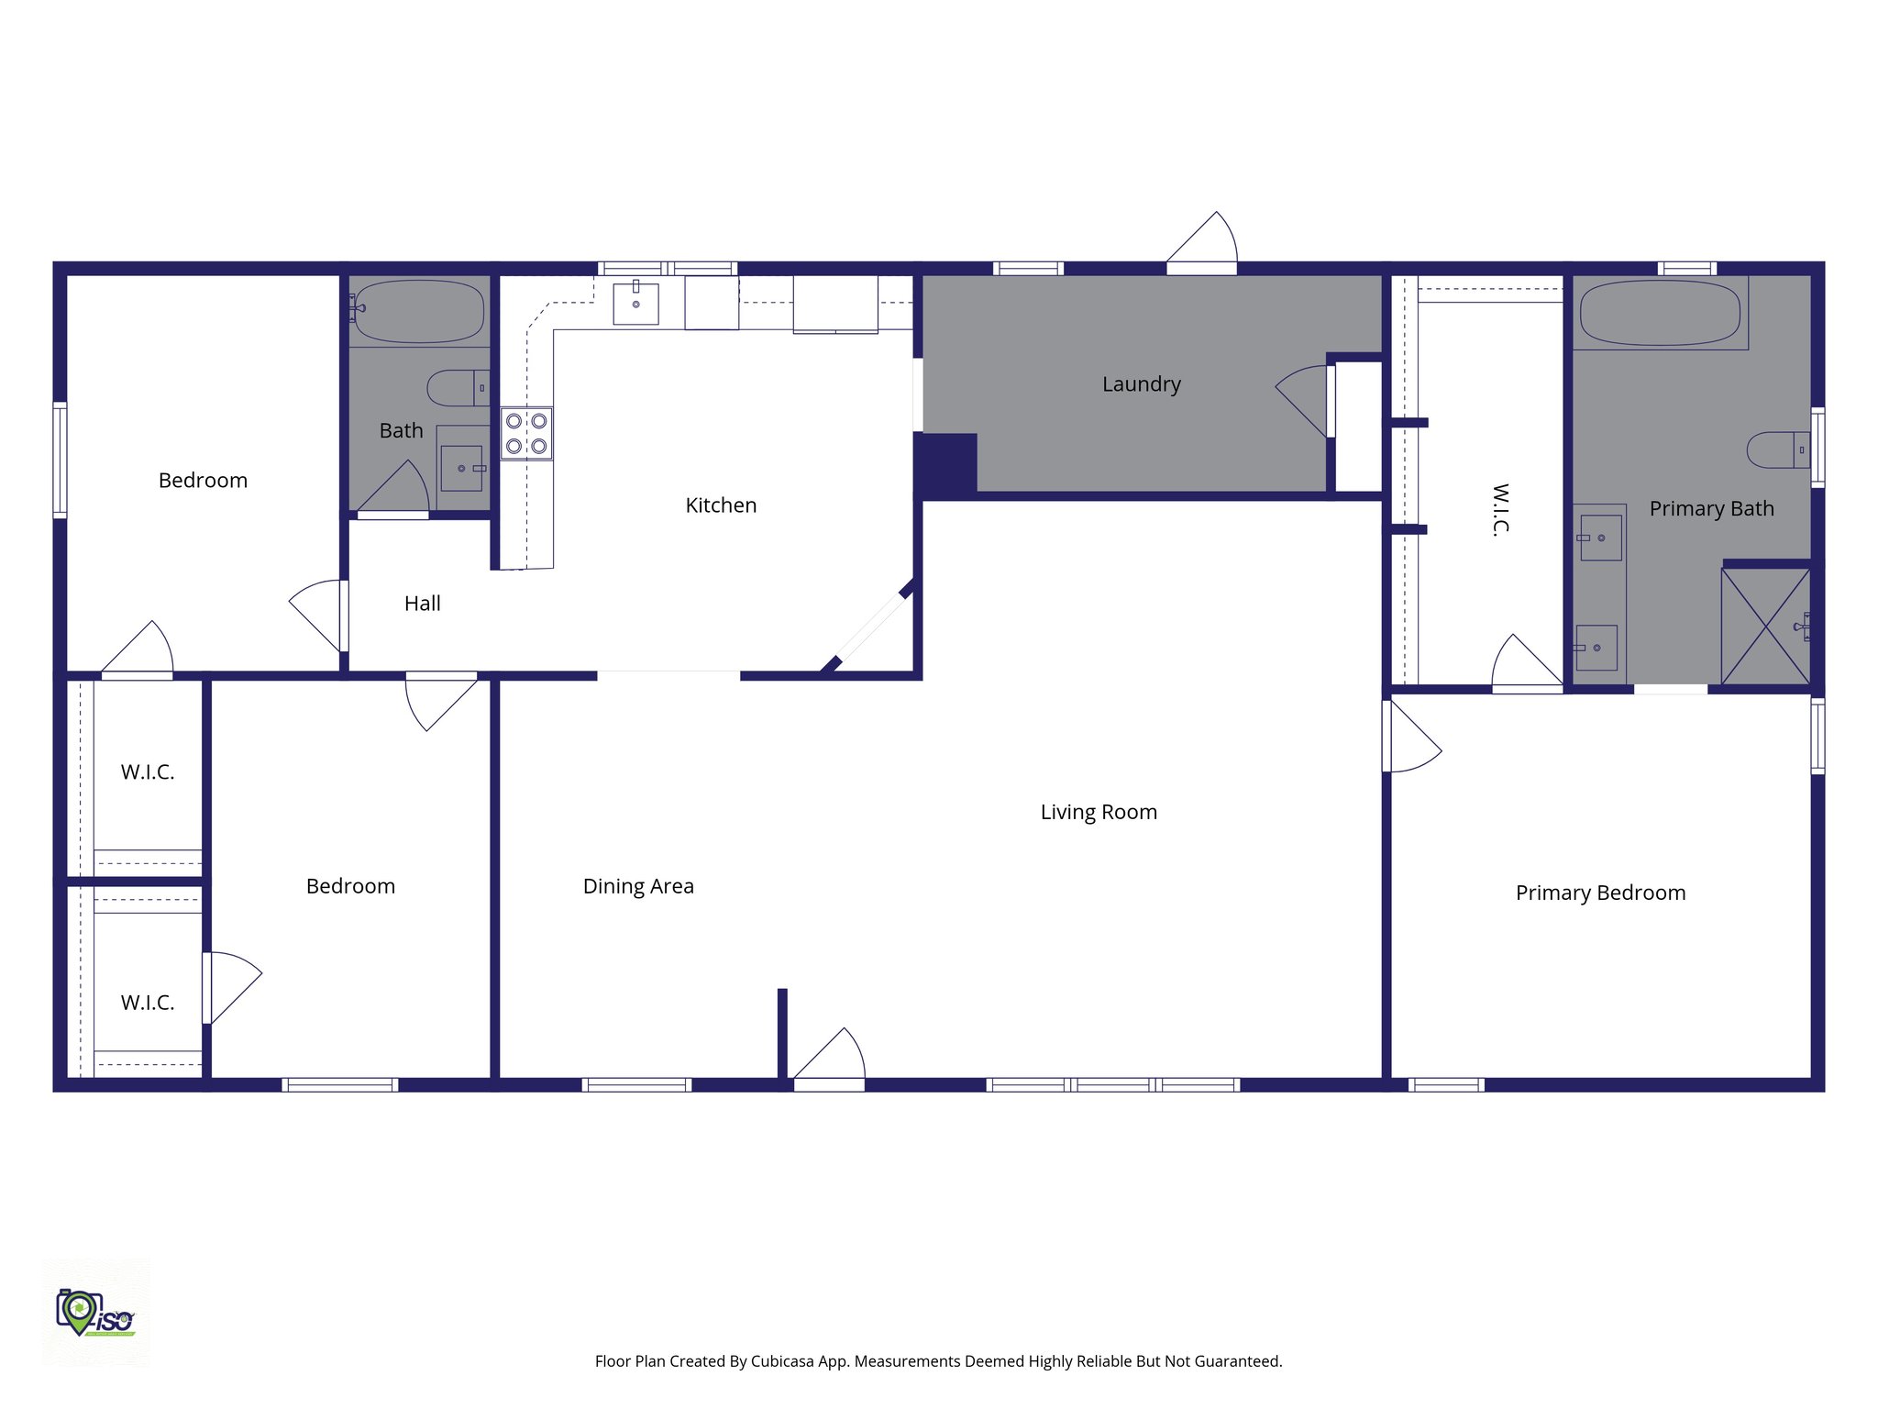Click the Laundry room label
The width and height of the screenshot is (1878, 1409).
(x=1141, y=384)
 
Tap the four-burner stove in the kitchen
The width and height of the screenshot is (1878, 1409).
(x=526, y=434)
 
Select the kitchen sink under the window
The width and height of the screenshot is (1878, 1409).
(x=635, y=304)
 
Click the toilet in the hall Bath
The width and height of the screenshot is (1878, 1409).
(x=458, y=388)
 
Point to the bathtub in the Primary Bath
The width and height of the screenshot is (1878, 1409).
(x=1659, y=313)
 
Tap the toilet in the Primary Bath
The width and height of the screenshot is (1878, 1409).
(x=1777, y=450)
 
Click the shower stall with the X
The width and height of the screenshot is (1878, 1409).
(x=1765, y=627)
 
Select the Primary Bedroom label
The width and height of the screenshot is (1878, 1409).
(x=1600, y=893)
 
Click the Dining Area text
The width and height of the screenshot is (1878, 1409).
(x=638, y=886)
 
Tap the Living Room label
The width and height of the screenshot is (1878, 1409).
(x=1099, y=812)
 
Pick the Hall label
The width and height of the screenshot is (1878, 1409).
(x=422, y=604)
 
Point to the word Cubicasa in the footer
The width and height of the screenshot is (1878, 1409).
(x=781, y=1361)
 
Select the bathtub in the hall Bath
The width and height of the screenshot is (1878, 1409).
(x=419, y=312)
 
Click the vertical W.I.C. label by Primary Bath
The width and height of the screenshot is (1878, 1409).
(x=1500, y=509)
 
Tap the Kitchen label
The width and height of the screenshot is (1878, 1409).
(x=721, y=505)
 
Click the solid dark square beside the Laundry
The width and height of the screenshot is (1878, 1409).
(x=946, y=464)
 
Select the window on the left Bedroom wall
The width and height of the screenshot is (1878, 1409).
(x=60, y=460)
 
